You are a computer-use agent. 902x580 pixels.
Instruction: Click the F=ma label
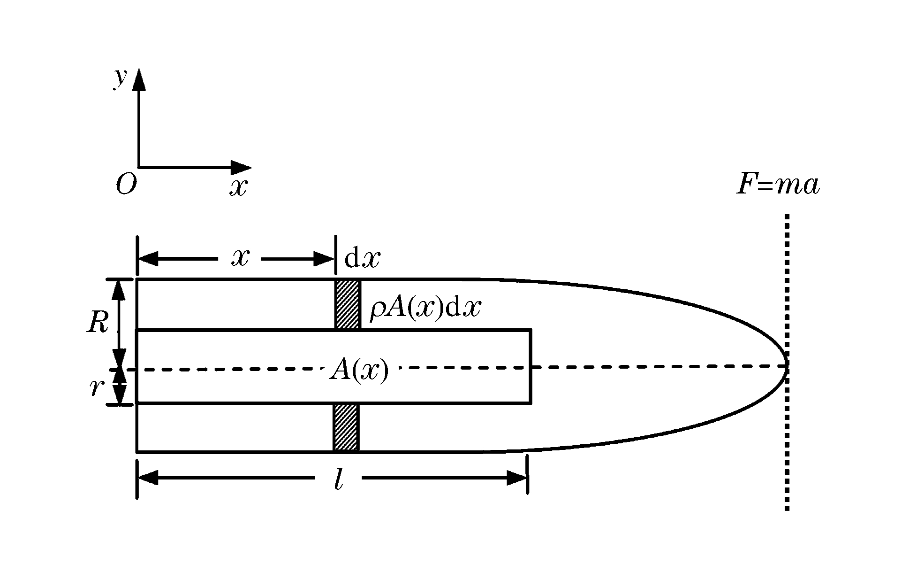pos(778,185)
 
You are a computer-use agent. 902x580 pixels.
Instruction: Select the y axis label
pos(120,78)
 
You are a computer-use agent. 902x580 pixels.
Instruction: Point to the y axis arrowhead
pos(138,79)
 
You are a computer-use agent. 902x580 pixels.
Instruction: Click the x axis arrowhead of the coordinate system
pos(241,167)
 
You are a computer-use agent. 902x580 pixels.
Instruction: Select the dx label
pos(362,258)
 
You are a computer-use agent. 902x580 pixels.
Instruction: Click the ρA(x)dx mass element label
pos(425,309)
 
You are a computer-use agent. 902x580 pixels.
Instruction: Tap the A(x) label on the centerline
pos(359,370)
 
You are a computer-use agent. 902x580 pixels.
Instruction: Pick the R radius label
pos(98,323)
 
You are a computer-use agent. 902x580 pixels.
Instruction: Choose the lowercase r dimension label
pos(96,387)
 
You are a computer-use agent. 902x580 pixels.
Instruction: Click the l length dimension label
pos(338,479)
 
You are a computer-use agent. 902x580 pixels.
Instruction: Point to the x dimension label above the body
pos(240,258)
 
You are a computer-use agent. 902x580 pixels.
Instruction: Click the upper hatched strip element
pos(348,304)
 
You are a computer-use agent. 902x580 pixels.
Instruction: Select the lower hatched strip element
pos(346,427)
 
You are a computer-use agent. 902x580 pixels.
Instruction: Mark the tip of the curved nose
pos(787,366)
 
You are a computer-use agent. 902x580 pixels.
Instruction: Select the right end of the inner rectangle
pos(531,366)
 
